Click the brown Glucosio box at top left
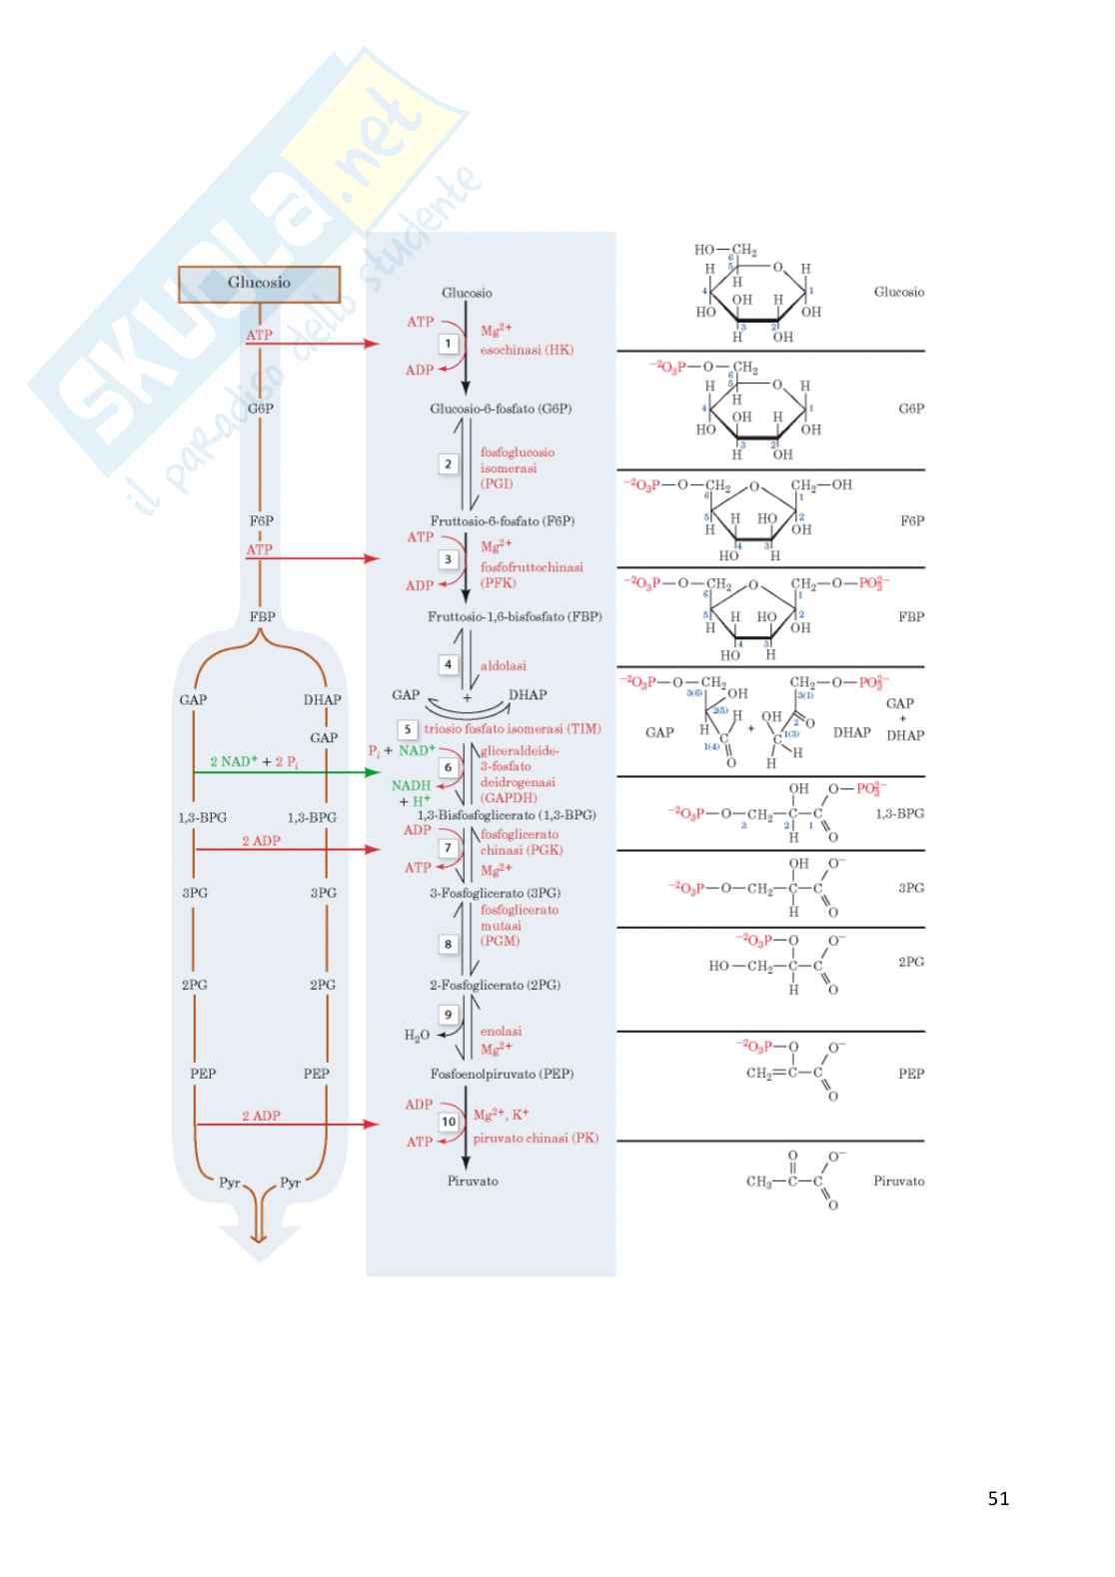pos(260,284)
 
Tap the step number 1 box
pos(449,344)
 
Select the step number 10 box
pos(449,1122)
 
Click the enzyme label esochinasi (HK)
pos(527,351)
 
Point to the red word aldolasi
pos(504,665)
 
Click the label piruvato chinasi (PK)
pos(536,1138)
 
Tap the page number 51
pos(998,1498)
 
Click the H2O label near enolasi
pos(417,1036)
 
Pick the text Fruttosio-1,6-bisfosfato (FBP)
pos(515,617)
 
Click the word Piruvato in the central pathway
pos(473,1181)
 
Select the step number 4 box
pos(449,664)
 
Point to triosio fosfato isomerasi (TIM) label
pos(513,729)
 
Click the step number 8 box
pos(449,944)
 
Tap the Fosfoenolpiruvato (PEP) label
pos(502,1074)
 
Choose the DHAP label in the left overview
pos(322,700)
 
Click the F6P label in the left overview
pos(261,520)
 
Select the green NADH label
pos(411,786)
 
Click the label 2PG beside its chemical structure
pos(910,962)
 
